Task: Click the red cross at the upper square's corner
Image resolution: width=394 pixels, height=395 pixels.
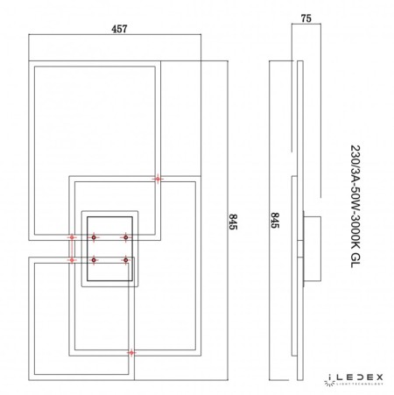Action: (158, 180)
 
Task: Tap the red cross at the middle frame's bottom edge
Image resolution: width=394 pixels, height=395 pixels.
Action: (131, 353)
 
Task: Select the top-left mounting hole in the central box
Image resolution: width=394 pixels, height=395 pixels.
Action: (91, 237)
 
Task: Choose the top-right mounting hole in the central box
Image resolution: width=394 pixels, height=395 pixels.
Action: (125, 237)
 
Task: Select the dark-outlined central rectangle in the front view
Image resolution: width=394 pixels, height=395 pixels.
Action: (109, 250)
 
